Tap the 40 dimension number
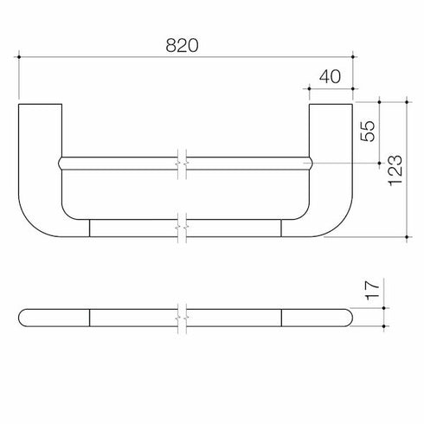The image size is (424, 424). coord(330,76)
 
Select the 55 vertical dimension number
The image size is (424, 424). coord(367,131)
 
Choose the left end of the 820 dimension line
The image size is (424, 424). coord(19,57)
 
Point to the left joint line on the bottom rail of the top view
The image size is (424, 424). coord(90,228)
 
